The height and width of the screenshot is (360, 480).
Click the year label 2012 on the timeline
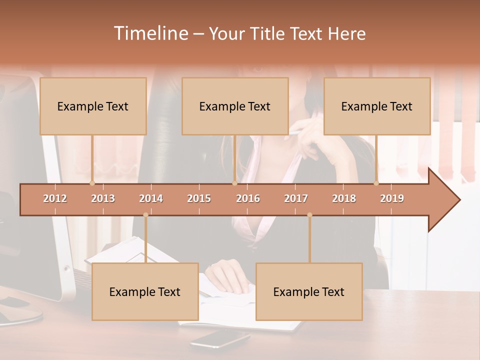click(x=55, y=198)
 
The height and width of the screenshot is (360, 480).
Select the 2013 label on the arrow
click(x=103, y=198)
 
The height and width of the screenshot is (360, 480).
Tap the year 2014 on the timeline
click(x=151, y=198)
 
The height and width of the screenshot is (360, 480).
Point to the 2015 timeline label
click(x=199, y=198)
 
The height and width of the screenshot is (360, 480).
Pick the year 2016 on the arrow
click(x=248, y=198)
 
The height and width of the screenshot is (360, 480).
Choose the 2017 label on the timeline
click(x=296, y=198)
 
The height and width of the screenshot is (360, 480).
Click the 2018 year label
click(x=344, y=198)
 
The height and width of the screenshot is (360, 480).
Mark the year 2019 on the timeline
click(x=392, y=198)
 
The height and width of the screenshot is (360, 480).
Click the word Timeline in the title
click(x=150, y=33)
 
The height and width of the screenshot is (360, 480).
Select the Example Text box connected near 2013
click(x=93, y=106)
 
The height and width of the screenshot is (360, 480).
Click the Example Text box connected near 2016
click(x=235, y=106)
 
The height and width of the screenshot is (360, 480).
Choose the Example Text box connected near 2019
click(x=377, y=106)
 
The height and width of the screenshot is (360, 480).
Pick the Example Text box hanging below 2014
click(x=145, y=292)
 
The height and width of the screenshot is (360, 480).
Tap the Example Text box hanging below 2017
click(x=309, y=292)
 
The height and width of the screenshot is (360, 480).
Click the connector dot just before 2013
click(x=92, y=183)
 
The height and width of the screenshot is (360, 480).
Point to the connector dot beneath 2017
click(x=309, y=215)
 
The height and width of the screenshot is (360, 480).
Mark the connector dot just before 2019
click(x=376, y=183)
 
